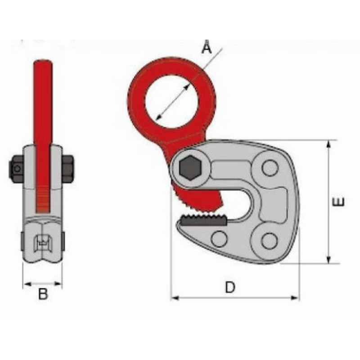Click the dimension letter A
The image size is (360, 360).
click(207, 47)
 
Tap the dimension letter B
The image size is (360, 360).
click(43, 295)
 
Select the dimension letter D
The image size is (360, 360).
click(230, 287)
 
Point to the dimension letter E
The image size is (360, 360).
click(339, 201)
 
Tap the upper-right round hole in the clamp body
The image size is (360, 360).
click(270, 168)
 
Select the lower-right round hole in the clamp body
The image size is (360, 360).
click(269, 241)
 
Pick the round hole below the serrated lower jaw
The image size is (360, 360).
click(219, 239)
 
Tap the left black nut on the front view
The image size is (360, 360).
click(17, 169)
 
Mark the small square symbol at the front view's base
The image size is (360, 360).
click(43, 242)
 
